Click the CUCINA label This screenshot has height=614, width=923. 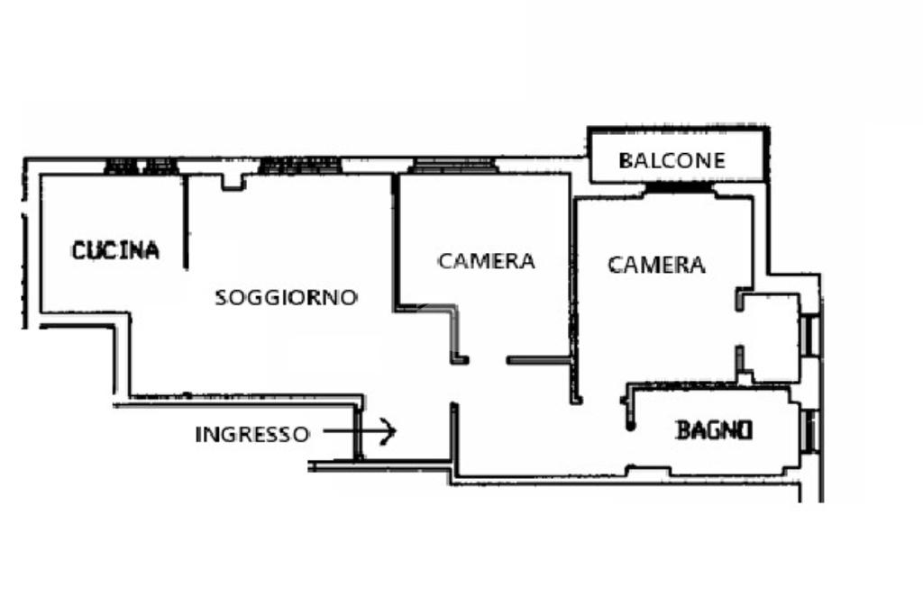pyautogui.click(x=115, y=250)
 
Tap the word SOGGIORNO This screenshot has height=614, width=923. pyautogui.click(x=286, y=297)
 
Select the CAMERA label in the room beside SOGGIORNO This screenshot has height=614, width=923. pyautogui.click(x=486, y=261)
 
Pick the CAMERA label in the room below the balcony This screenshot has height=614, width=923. pyautogui.click(x=656, y=265)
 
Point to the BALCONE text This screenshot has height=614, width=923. pyautogui.click(x=672, y=161)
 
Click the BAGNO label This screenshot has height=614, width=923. pyautogui.click(x=714, y=430)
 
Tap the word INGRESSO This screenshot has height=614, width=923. pyautogui.click(x=251, y=434)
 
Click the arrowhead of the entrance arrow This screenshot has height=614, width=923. pyautogui.click(x=389, y=432)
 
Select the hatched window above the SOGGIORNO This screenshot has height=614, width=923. pyautogui.click(x=300, y=166)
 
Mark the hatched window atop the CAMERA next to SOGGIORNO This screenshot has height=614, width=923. pyautogui.click(x=453, y=166)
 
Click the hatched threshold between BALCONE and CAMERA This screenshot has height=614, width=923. pyautogui.click(x=680, y=188)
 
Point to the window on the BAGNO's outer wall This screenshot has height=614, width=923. pyautogui.click(x=809, y=429)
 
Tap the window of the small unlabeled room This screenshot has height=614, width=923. pyautogui.click(x=809, y=335)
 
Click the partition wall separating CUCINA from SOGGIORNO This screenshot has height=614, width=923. pyautogui.click(x=186, y=221)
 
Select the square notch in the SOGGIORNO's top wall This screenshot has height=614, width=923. pyautogui.click(x=233, y=182)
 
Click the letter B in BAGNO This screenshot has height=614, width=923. pyautogui.click(x=683, y=430)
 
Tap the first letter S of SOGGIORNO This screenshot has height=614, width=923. pyautogui.click(x=221, y=298)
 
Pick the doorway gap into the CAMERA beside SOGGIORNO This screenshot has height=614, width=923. pyautogui.click(x=488, y=360)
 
